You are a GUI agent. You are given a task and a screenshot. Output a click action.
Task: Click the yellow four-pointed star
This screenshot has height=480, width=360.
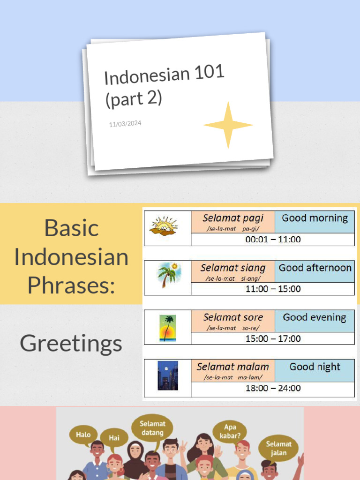(x=228, y=125)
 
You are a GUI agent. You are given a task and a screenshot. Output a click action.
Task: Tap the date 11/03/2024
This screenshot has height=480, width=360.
(x=125, y=124)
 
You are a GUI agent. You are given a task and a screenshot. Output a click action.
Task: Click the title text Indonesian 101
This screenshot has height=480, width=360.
(x=164, y=75)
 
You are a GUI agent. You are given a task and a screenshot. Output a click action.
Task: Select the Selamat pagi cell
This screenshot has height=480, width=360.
(x=232, y=222)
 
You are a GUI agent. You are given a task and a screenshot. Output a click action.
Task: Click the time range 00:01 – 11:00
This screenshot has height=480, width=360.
(x=273, y=240)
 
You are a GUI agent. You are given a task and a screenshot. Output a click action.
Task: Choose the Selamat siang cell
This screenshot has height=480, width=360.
(x=232, y=271)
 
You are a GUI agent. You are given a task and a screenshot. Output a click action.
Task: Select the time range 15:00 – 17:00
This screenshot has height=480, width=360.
(x=273, y=338)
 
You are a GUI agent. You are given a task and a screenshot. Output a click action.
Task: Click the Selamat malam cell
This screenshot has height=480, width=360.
(x=232, y=370)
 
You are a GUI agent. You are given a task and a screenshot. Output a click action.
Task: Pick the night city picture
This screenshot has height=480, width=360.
(x=167, y=375)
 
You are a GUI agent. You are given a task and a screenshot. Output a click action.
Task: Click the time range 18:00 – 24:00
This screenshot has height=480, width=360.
(x=273, y=388)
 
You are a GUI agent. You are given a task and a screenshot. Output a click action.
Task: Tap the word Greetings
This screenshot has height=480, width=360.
(x=71, y=343)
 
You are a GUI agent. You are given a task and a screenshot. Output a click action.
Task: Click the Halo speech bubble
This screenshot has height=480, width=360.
(x=83, y=435)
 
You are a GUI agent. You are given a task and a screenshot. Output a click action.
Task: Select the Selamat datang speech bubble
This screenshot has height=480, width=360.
(x=152, y=428)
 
